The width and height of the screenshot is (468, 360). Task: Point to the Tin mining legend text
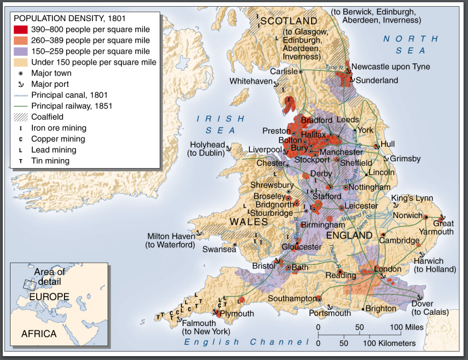click(x=50, y=161)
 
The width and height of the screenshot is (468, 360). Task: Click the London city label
click(x=387, y=269)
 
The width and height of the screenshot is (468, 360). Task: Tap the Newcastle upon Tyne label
click(x=391, y=67)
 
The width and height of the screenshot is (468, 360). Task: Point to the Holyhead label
click(x=208, y=145)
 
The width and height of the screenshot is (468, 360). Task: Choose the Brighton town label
click(x=381, y=308)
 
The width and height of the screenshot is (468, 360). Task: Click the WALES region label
click(x=249, y=221)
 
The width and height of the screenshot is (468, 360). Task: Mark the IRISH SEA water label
click(x=220, y=124)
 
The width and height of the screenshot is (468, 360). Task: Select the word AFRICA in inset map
click(x=39, y=334)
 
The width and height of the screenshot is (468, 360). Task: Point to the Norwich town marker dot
click(x=426, y=216)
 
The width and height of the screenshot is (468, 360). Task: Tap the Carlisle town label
click(x=284, y=71)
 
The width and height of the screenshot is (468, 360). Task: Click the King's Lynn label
click(x=412, y=198)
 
